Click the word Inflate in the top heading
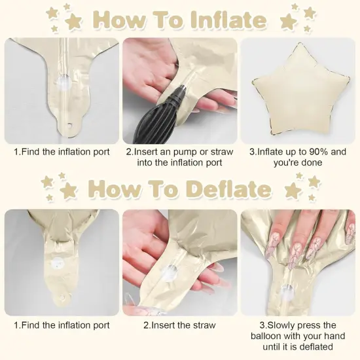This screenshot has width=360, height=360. [229, 20]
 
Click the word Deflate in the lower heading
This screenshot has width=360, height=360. [229, 189]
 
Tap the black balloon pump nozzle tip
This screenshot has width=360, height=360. [183, 88]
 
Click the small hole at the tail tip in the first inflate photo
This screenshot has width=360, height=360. [69, 126]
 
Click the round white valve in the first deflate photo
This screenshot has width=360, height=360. [58, 263]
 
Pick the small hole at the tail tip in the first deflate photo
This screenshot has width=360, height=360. [62, 297]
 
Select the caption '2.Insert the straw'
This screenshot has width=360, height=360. [180, 325]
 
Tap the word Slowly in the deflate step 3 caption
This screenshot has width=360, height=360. [281, 325]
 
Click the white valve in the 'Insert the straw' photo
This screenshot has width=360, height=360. [170, 273]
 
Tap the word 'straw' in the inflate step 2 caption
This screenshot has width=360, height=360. [222, 152]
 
